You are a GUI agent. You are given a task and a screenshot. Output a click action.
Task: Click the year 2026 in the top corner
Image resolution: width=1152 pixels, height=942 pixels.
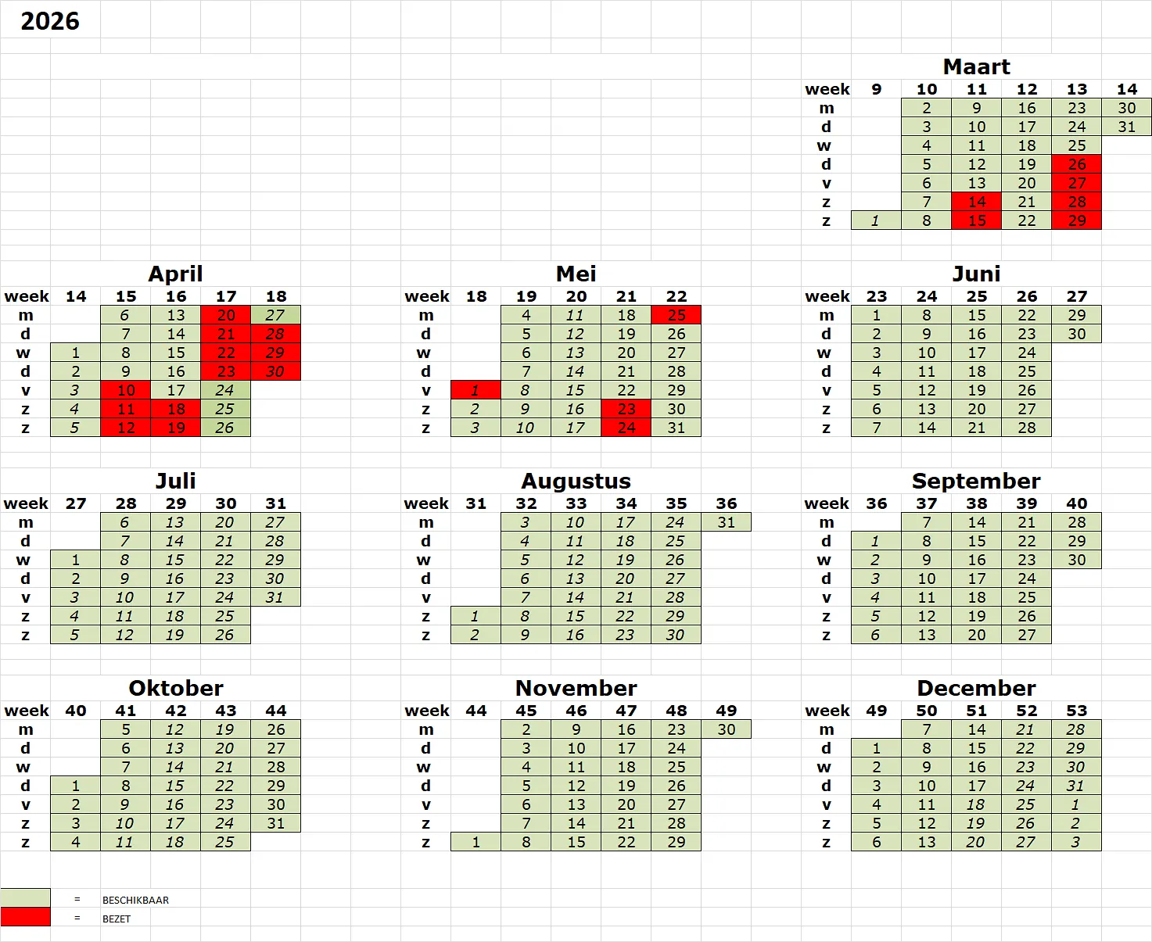(x=50, y=21)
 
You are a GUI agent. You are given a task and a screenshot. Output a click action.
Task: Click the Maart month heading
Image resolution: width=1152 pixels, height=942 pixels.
(x=976, y=66)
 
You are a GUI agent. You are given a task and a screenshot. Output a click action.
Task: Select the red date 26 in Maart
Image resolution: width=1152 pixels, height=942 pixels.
(x=1077, y=164)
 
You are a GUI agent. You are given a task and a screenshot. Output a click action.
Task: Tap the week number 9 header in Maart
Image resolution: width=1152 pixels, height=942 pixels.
(x=877, y=89)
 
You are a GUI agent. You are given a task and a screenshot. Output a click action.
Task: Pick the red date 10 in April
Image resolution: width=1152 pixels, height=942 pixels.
(x=126, y=390)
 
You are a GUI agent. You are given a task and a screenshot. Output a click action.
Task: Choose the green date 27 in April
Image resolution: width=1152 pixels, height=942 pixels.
(x=275, y=315)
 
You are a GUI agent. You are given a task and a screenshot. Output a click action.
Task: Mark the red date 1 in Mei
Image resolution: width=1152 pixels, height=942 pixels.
(x=476, y=390)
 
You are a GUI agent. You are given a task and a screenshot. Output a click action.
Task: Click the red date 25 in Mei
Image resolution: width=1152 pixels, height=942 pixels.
(x=676, y=315)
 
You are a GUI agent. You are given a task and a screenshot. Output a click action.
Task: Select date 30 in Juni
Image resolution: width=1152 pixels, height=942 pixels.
(x=1077, y=334)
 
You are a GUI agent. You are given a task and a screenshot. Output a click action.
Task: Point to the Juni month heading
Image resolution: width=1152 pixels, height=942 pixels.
(x=976, y=274)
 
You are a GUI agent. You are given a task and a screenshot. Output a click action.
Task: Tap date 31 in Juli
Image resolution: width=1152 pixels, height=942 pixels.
(x=275, y=597)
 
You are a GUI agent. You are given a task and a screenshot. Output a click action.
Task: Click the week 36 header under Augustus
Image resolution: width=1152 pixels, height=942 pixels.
(x=727, y=503)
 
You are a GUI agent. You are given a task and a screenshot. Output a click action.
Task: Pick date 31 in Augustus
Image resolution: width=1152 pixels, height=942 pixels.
(x=727, y=522)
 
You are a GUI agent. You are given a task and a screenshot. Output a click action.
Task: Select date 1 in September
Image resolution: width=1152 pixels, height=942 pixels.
(x=876, y=541)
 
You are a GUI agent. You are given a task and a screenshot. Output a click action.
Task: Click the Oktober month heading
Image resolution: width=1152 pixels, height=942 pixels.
(x=176, y=688)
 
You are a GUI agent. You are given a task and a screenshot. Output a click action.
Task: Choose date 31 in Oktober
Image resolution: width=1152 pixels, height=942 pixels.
(x=275, y=823)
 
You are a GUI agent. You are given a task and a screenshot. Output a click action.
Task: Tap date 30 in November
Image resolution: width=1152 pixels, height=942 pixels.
(x=727, y=729)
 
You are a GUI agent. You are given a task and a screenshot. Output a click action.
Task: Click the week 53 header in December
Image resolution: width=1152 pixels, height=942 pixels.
(x=1077, y=711)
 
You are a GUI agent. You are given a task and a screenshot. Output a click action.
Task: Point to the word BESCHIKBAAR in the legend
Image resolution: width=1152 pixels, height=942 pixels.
(x=135, y=900)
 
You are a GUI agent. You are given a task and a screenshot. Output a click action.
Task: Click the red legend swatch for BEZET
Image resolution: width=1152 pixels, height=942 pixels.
(x=25, y=917)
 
